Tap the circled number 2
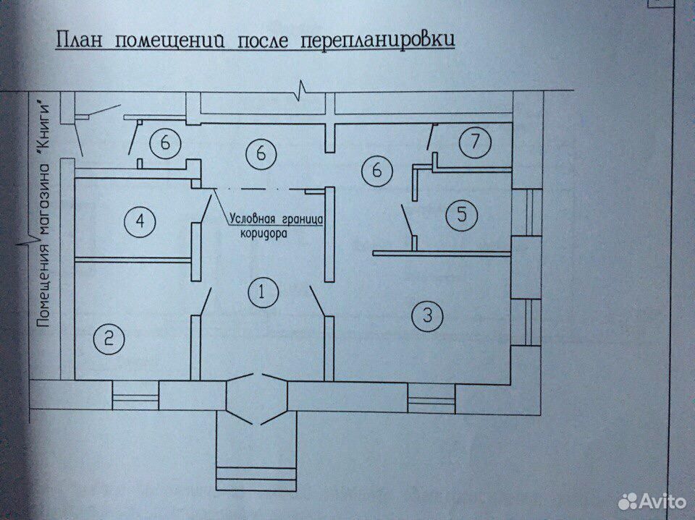coord(109,339)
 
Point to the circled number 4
coord(140,221)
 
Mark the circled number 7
coord(475,142)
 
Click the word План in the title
coord(79,40)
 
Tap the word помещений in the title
coord(169,41)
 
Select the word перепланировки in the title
coord(378,41)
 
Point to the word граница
coord(303,220)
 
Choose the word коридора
coord(264,234)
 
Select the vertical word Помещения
coord(43,286)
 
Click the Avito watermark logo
coord(652,501)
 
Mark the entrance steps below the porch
coord(256,479)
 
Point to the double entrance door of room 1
coord(257,398)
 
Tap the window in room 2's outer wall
coord(135,395)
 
